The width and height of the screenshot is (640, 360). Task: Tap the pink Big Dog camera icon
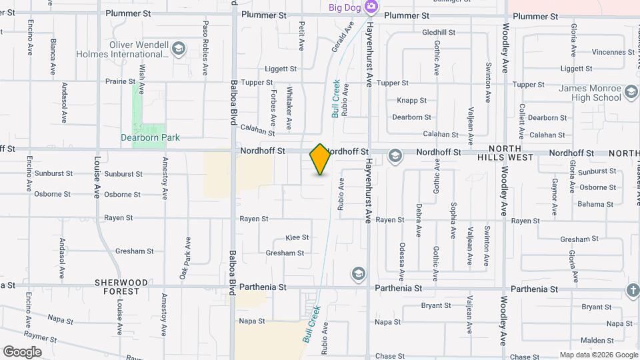pos(371,8)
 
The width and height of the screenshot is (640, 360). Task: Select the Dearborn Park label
pos(150,138)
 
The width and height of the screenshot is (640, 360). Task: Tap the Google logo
pos(22,352)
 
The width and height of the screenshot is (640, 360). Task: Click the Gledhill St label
pos(439,32)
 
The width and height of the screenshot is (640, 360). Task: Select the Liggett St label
pos(281,69)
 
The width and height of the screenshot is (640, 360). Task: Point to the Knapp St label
pos(412,101)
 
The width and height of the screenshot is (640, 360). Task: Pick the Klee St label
pos(297,237)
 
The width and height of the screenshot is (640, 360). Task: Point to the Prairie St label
pos(120,81)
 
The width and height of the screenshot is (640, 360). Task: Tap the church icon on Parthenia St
pos(632,289)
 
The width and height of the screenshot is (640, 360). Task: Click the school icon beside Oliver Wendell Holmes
pos(178,48)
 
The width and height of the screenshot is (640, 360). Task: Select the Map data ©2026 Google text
pos(598,355)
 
